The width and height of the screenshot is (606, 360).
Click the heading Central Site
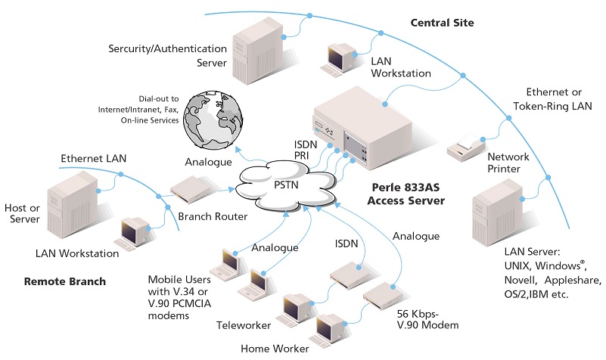(442, 23)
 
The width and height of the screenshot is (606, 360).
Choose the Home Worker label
(274, 348)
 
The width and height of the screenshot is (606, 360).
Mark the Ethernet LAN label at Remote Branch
(94, 158)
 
